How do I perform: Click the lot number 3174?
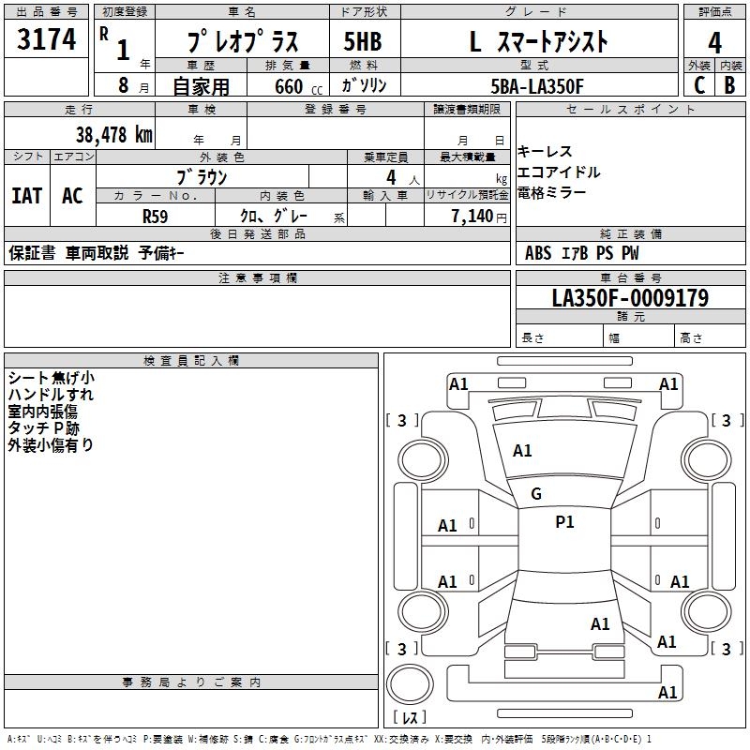tap(47, 40)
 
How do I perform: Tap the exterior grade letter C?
tap(698, 84)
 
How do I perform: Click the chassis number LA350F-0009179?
tap(630, 298)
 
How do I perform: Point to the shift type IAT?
tap(26, 195)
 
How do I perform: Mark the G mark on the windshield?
tap(536, 494)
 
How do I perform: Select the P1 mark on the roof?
tap(564, 522)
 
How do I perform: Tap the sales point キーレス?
tap(545, 152)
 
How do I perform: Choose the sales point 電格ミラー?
tap(552, 192)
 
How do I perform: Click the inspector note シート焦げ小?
tap(51, 378)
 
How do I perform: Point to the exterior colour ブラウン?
tap(202, 176)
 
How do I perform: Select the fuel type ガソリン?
tap(364, 85)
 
